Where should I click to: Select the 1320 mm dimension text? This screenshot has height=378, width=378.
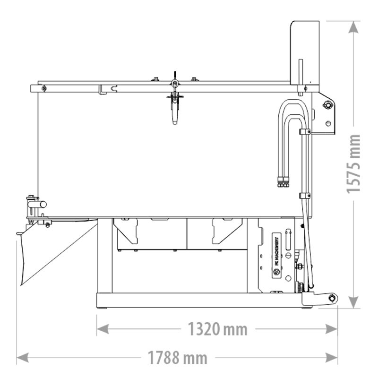tap(218, 329)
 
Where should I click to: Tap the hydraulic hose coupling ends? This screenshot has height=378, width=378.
tap(283, 181)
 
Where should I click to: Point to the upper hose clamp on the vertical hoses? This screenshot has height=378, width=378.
tap(305, 131)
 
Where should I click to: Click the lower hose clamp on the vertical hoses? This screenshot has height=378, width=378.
tap(305, 195)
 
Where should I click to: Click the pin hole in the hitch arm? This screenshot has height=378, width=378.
tap(334, 298)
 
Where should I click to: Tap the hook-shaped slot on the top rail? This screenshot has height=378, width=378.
tap(112, 88)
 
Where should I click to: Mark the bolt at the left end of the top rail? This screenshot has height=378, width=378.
tap(43, 88)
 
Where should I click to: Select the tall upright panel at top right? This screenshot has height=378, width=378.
tap(305, 52)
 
